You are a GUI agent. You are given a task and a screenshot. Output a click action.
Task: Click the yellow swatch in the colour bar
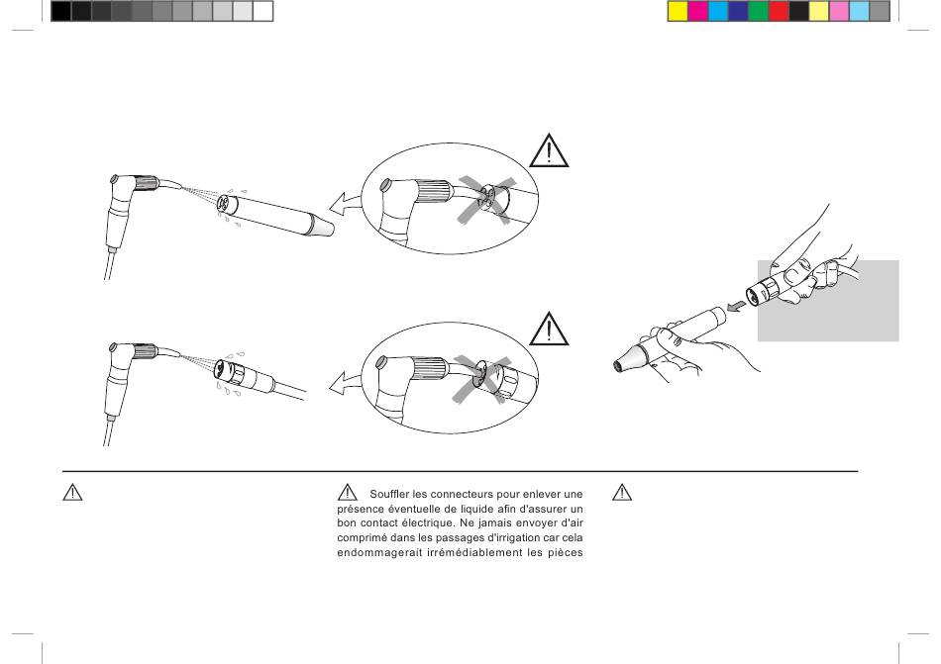coord(679,12)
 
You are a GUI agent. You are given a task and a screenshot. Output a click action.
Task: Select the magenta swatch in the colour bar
coord(698,12)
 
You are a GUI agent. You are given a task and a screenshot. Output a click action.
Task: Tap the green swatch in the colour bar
coord(759,12)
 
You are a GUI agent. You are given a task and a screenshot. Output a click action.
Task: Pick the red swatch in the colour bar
coord(779,12)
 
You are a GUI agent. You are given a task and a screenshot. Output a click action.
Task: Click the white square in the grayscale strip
coord(262,12)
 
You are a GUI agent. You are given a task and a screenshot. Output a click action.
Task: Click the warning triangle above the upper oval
coord(549,151)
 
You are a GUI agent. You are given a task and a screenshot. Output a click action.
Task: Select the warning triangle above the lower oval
coord(549,329)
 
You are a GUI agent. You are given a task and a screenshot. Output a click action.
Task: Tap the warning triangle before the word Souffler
coord(347,493)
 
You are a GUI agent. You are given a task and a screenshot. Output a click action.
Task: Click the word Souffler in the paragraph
coord(389,495)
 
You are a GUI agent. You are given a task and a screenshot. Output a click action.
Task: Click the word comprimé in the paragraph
coord(358,538)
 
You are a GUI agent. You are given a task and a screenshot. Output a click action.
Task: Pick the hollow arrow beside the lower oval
coord(346,382)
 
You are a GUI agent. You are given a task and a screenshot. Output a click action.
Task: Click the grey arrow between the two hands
coord(736,306)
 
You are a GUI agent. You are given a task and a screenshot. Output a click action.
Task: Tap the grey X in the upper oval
coord(485,200)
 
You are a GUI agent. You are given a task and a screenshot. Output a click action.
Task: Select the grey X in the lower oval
coord(480,379)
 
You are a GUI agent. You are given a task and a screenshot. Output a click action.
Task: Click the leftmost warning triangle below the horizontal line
coord(72,493)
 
